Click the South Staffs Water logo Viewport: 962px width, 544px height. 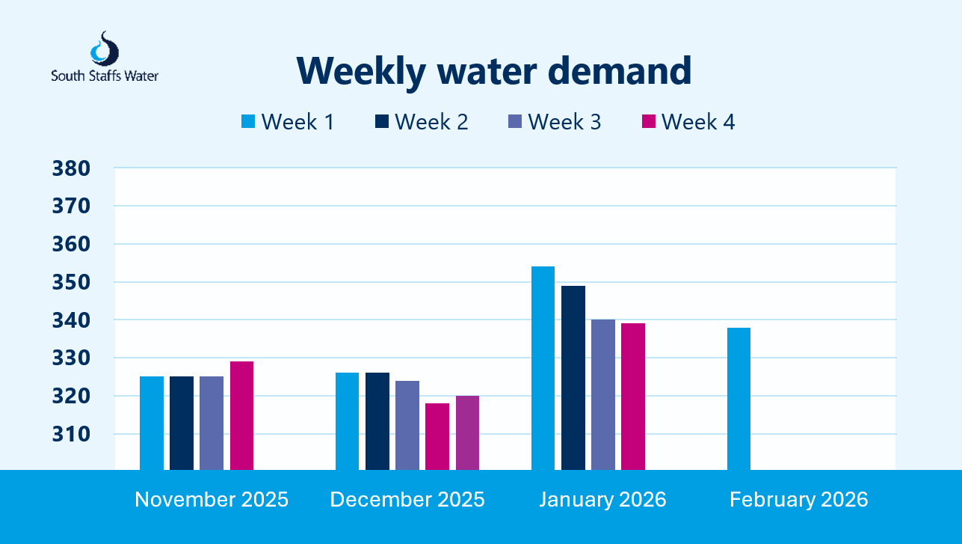(x=104, y=57)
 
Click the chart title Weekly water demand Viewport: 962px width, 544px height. (x=493, y=70)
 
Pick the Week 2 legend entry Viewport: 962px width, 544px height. (x=421, y=122)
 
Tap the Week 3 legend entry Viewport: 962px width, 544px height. (x=554, y=122)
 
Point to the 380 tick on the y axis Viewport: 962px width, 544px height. (x=71, y=168)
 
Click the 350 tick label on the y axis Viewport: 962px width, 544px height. (x=71, y=282)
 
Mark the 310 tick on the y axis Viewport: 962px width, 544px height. (x=71, y=434)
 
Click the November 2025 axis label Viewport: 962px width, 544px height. (x=212, y=500)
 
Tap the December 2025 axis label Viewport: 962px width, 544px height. (x=407, y=500)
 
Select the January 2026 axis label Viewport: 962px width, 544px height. (x=602, y=500)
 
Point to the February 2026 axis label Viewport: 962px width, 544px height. (x=798, y=500)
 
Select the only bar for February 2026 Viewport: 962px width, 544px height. (x=739, y=399)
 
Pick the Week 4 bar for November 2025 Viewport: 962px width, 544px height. (x=241, y=416)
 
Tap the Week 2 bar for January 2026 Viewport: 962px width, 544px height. (x=573, y=378)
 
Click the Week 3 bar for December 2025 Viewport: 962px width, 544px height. (x=407, y=425)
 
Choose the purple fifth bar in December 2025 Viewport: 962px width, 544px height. (x=467, y=433)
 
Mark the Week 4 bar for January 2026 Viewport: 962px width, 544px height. (x=633, y=397)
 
